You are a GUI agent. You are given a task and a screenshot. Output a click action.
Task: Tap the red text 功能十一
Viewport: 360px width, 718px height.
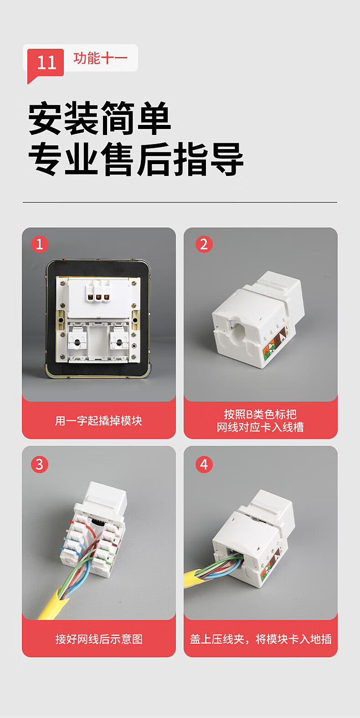point(100,58)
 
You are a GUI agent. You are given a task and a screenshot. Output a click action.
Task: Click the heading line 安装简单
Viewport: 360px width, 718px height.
point(99,118)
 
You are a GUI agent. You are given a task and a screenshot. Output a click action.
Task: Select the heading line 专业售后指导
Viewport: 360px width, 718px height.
point(136,159)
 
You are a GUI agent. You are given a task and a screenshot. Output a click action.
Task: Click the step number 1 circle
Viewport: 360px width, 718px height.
point(39,244)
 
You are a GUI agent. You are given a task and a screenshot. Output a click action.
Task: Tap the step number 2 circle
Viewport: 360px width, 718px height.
point(204,244)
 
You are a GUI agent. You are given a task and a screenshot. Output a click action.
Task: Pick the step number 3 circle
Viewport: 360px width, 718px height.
point(39,465)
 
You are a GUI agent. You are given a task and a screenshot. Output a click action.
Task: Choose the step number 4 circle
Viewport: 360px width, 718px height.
point(204,465)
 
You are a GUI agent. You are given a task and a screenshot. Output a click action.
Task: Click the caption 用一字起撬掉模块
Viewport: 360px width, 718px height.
point(98,420)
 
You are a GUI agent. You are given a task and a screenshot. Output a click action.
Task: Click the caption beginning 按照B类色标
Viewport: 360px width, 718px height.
point(260,420)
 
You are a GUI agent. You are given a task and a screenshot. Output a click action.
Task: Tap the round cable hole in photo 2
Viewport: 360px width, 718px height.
point(238,332)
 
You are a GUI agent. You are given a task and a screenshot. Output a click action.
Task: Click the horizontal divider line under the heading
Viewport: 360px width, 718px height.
point(180,202)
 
